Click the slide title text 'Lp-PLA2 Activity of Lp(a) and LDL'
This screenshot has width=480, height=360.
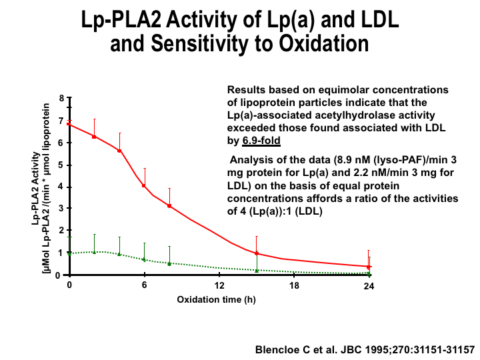(x=239, y=20)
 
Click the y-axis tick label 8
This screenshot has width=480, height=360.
(x=61, y=99)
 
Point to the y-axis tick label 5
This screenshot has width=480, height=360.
(x=61, y=165)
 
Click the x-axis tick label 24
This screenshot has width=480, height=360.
(x=368, y=285)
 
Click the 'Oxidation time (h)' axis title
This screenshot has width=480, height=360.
(x=216, y=299)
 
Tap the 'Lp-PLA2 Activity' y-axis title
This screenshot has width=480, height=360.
(x=35, y=187)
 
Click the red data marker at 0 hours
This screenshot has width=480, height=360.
(x=69, y=124)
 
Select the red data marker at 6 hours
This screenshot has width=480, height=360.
(x=144, y=185)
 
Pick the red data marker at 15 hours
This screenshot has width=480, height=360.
(x=257, y=253)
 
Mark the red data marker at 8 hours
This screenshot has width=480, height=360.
(x=169, y=206)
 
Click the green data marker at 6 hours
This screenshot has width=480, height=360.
(x=144, y=259)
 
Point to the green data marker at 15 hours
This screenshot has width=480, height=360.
(x=257, y=271)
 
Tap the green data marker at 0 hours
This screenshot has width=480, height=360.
(x=69, y=253)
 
